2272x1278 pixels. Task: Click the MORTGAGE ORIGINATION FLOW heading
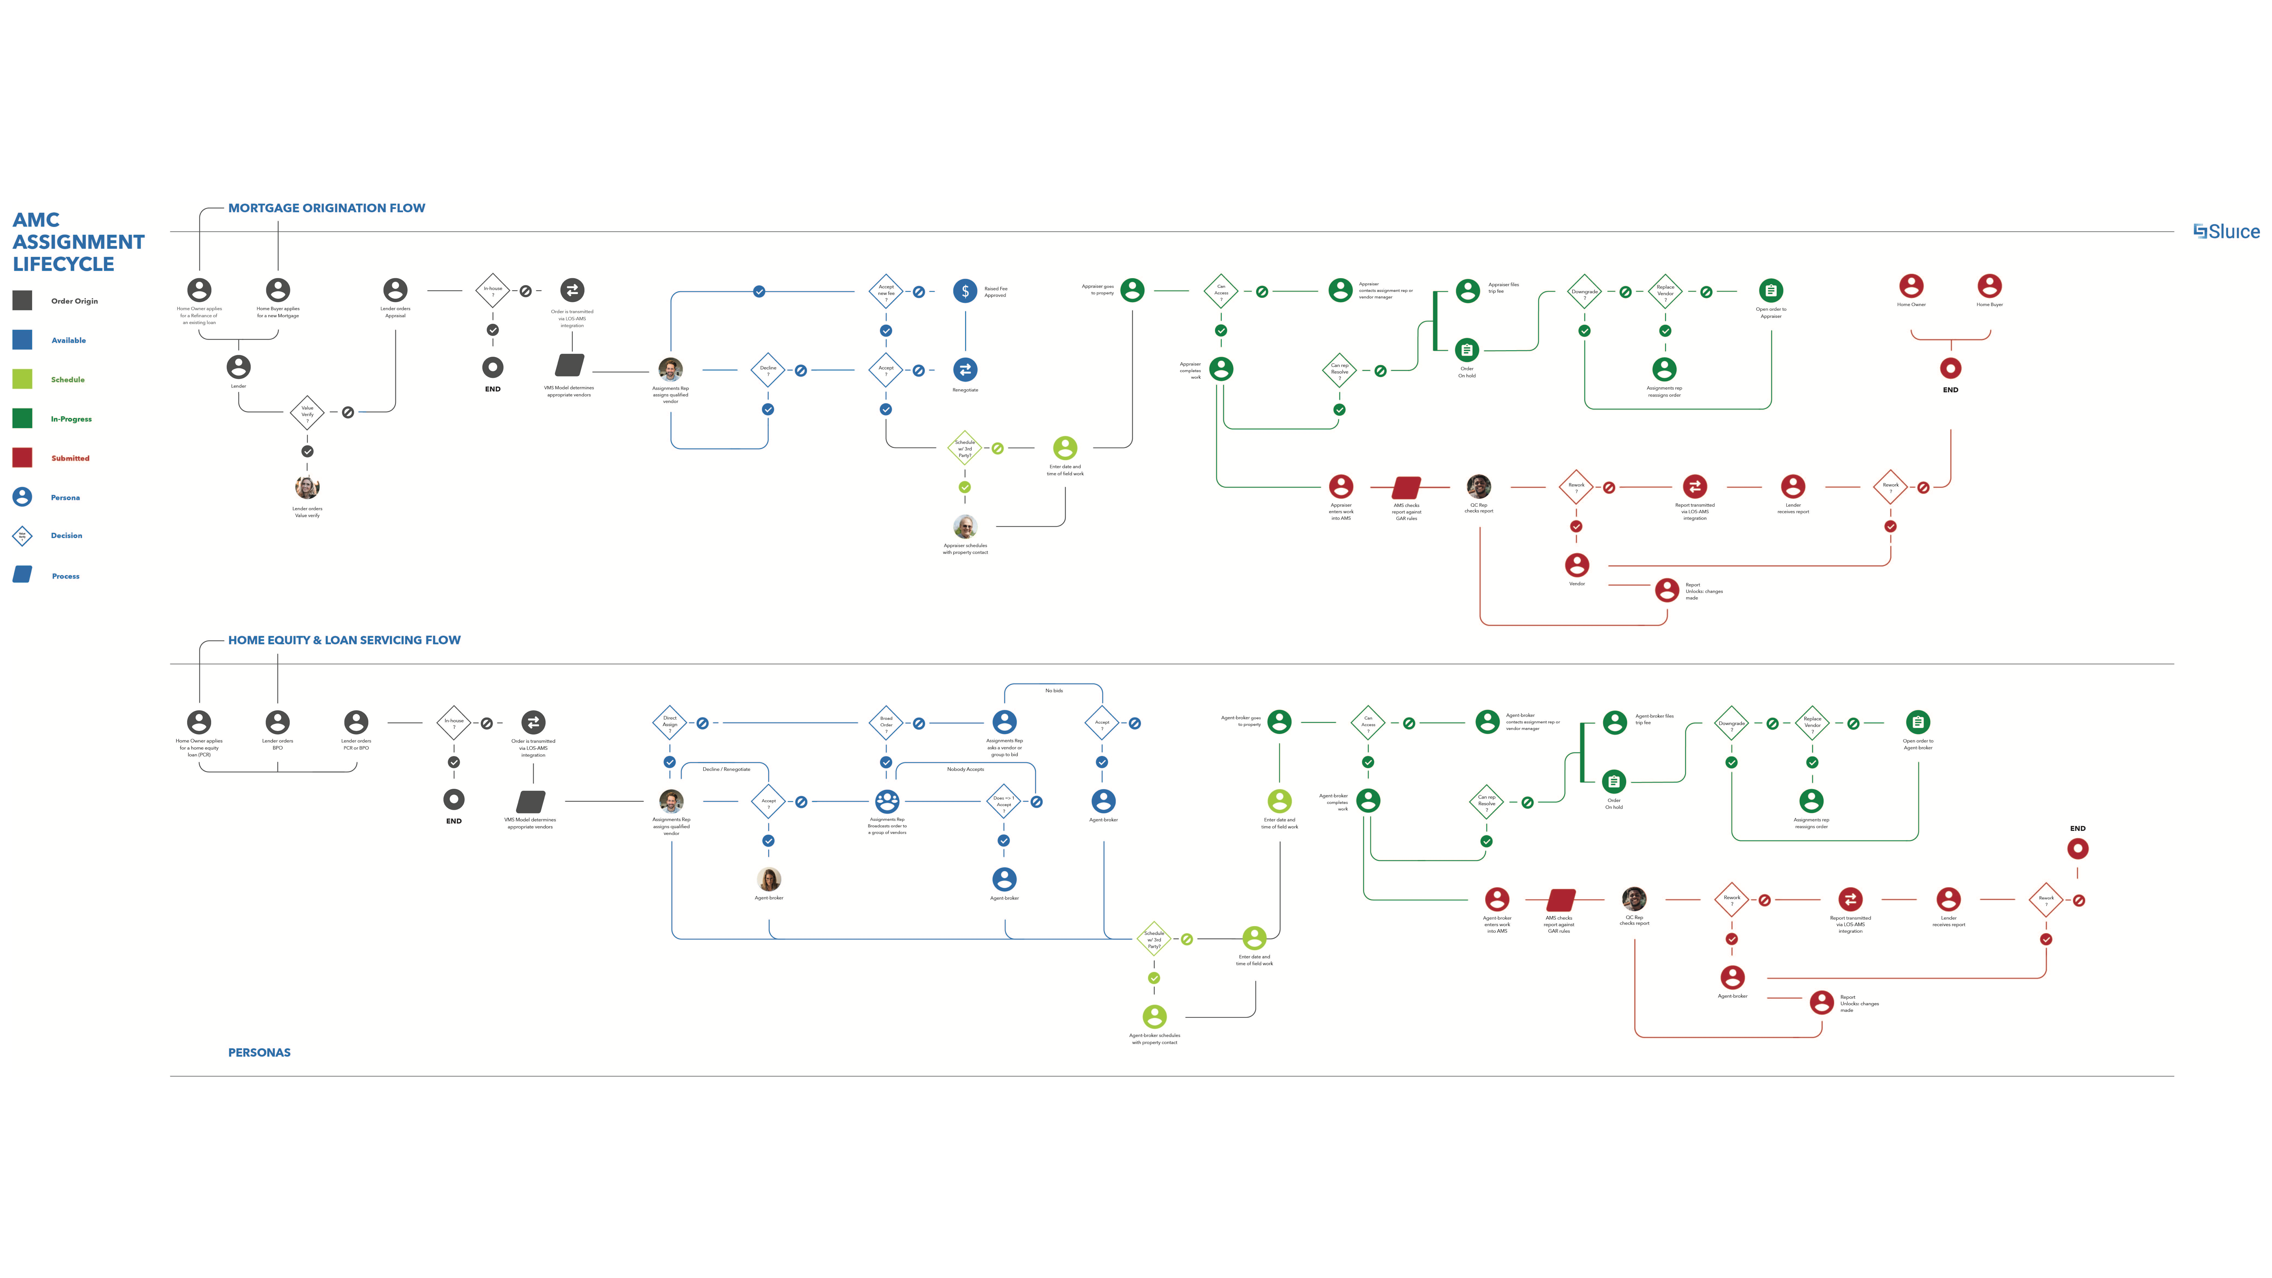326,208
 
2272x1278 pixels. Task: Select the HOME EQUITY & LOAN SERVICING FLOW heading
344,640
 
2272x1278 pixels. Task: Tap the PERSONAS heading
259,1052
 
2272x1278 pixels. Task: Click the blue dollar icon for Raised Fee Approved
965,291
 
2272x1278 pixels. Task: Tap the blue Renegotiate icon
965,370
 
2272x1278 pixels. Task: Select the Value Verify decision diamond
307,412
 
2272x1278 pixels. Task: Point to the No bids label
1054,691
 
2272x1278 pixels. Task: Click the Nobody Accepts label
965,769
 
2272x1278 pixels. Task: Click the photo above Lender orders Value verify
307,487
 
